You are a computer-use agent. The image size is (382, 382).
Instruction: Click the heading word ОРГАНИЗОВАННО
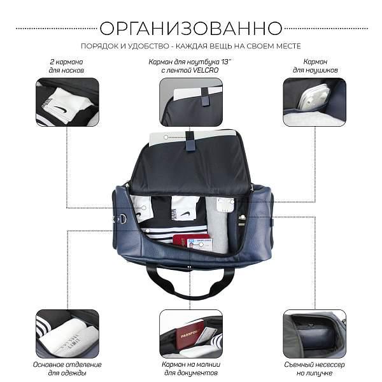click(191, 28)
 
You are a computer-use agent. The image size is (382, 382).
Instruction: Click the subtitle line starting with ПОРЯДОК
click(191, 46)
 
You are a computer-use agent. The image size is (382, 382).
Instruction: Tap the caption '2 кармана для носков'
click(66, 66)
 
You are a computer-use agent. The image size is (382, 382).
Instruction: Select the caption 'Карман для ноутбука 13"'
click(190, 66)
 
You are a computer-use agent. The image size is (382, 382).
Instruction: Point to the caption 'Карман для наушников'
click(315, 66)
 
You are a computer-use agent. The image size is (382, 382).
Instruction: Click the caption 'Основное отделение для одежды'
click(66, 369)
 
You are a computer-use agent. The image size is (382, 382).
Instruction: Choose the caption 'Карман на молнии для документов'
click(190, 369)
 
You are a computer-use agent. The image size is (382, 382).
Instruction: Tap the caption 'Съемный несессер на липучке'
click(315, 369)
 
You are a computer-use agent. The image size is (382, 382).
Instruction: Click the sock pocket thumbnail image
click(67, 102)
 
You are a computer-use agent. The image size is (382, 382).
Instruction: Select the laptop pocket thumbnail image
click(191, 102)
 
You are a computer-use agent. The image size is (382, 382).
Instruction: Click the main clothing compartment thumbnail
click(67, 334)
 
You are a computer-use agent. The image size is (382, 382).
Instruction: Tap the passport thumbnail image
click(191, 334)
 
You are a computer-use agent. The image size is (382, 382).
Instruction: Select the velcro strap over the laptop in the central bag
click(190, 141)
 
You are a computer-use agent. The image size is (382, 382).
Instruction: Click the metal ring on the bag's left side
click(122, 219)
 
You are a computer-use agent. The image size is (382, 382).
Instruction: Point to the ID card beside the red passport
click(200, 244)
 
